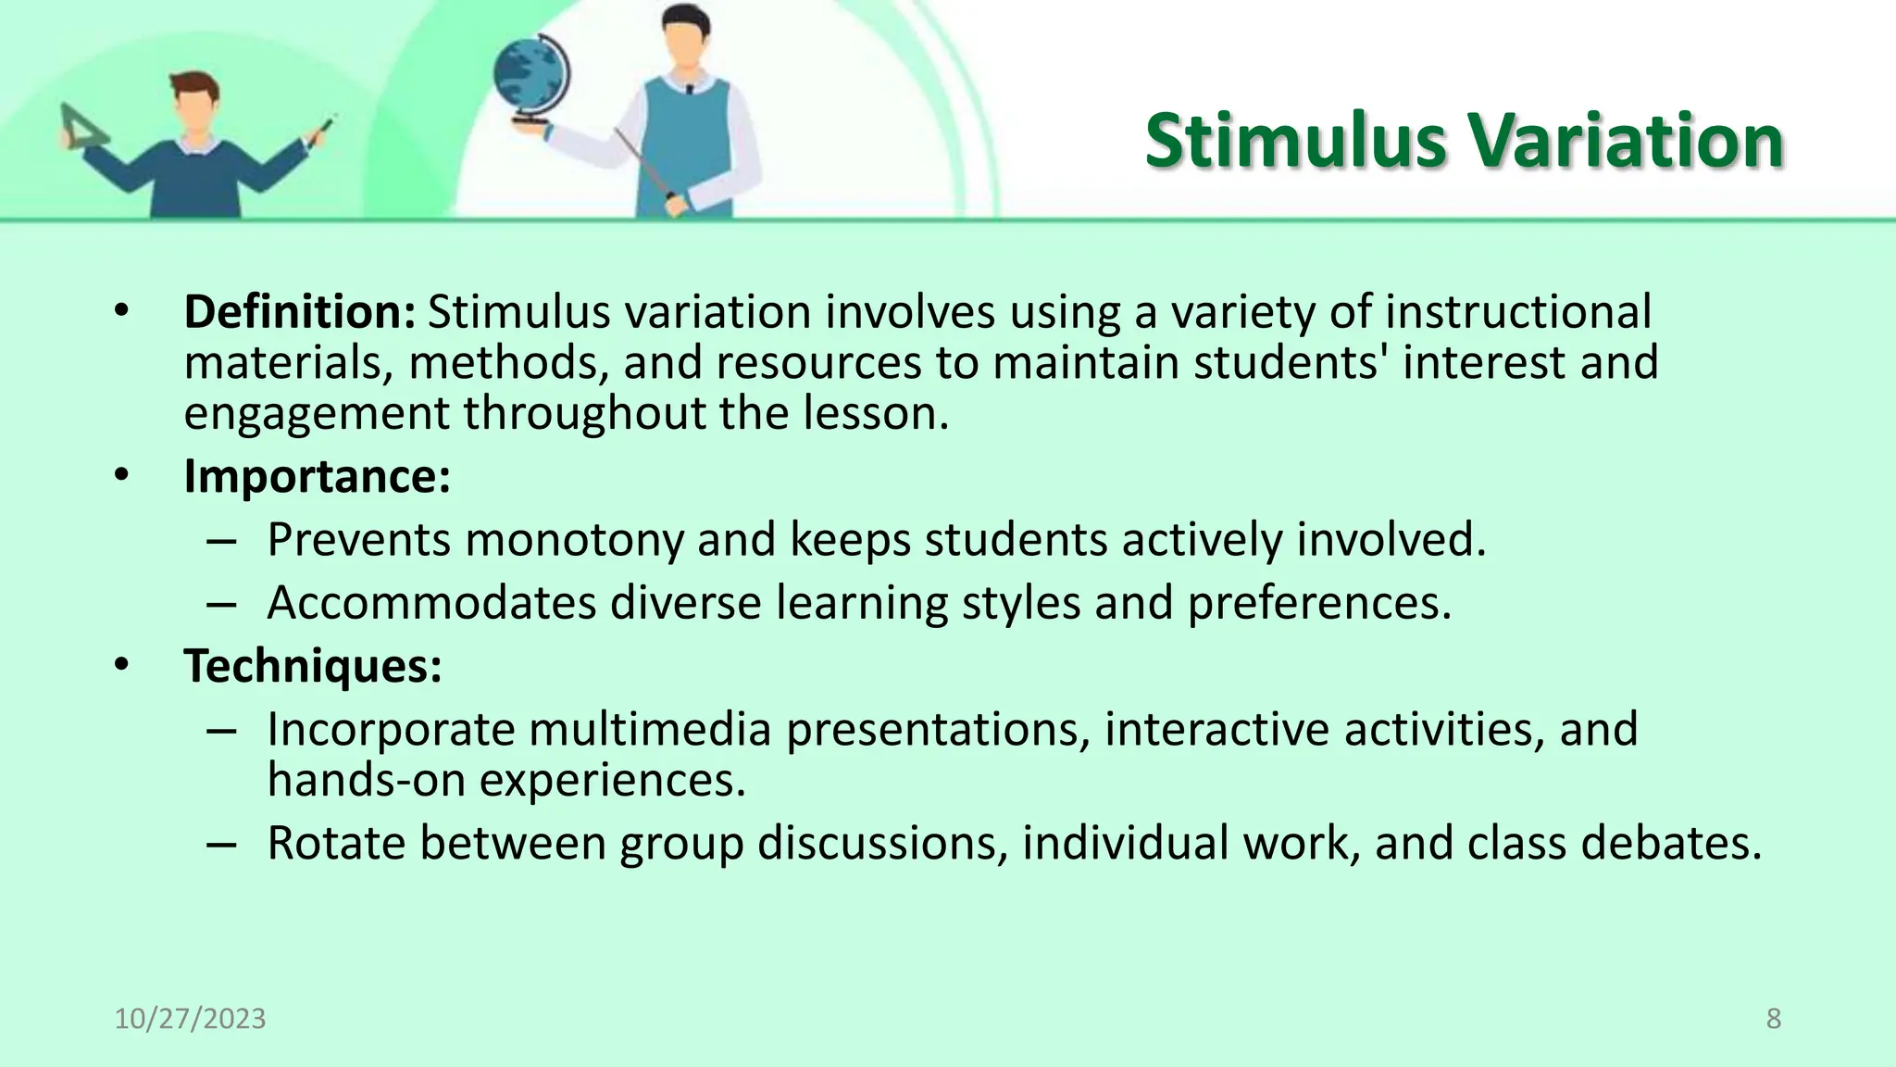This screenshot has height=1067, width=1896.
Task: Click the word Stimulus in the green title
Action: click(1295, 141)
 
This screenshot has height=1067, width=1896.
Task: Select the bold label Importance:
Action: click(317, 477)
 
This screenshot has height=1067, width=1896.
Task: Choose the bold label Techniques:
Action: click(313, 666)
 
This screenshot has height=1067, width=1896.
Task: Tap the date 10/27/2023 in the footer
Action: click(190, 1019)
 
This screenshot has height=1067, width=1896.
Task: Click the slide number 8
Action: click(1773, 1019)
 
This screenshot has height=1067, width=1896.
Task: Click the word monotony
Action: click(574, 540)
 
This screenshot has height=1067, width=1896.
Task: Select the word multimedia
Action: click(650, 730)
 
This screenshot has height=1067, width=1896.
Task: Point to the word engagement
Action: click(317, 414)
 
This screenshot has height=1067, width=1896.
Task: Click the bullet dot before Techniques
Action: click(122, 666)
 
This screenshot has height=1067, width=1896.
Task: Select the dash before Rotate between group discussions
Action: click(221, 845)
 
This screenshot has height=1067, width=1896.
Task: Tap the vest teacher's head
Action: click(686, 37)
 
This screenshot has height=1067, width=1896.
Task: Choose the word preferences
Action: click(1318, 603)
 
